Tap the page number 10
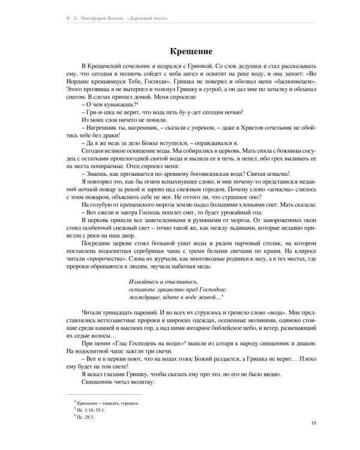coord(314,424)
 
